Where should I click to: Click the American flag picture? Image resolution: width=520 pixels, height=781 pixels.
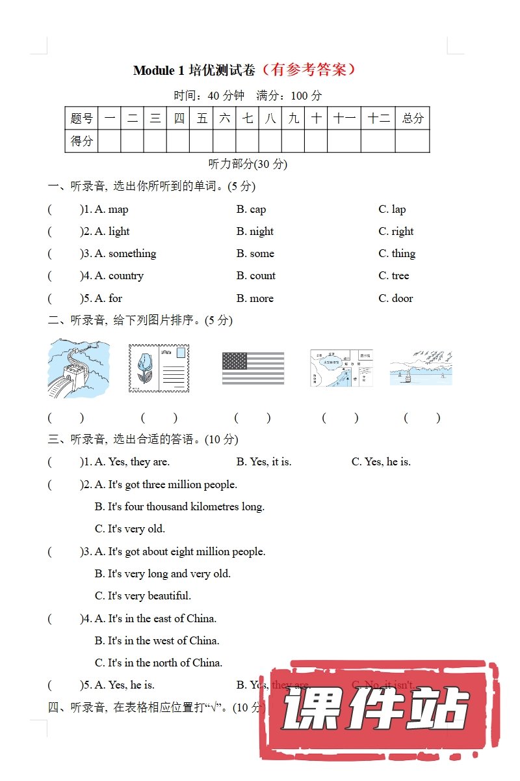coord(253,368)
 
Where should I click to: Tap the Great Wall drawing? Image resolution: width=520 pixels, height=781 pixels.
coord(78,368)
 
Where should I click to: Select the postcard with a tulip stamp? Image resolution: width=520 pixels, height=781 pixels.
coord(159,368)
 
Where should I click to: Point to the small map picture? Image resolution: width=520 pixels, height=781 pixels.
coord(341,368)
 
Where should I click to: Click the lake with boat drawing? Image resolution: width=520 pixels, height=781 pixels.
coord(421,368)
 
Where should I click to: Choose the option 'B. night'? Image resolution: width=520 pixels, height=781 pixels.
coord(255,231)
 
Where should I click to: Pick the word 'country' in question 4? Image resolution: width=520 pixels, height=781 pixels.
coord(125,275)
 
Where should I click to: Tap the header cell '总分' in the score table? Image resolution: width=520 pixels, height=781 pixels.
coord(412,118)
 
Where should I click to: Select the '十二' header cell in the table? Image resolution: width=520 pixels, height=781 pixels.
coord(378,118)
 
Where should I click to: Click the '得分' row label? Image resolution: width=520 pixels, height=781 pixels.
coord(82,141)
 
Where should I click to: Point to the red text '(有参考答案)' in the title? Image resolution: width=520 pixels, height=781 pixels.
coord(307,70)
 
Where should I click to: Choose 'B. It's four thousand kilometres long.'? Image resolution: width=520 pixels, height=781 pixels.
coord(179,506)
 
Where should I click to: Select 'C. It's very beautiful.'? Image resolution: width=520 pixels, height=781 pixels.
coord(143,596)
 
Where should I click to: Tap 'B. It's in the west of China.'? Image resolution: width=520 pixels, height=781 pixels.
coord(157,640)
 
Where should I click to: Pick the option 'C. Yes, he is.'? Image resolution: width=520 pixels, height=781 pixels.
coord(381,461)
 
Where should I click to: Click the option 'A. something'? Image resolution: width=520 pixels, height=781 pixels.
coord(125,253)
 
